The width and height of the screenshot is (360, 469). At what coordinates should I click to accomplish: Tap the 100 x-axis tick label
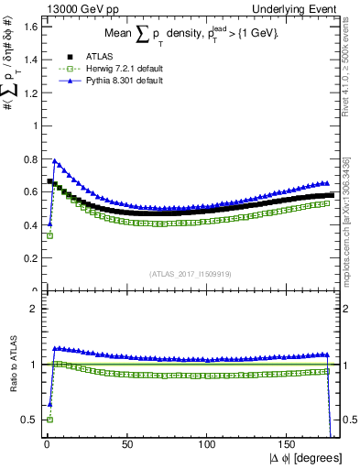click(207, 444)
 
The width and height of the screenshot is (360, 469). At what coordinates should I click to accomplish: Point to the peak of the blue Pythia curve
click(54, 160)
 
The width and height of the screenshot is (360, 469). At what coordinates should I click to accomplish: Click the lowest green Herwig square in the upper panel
click(49, 235)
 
